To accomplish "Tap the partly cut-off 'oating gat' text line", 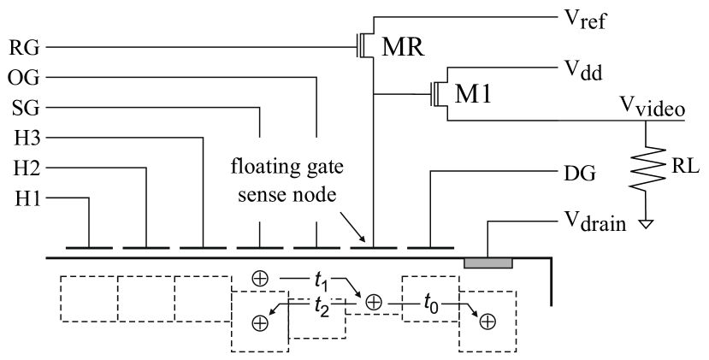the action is [x=286, y=167].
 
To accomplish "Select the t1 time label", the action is [x=321, y=280].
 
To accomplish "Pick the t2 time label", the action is [x=321, y=304].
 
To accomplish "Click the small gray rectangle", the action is [x=488, y=263].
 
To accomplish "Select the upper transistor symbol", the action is [x=363, y=44].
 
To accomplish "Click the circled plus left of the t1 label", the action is [x=261, y=279].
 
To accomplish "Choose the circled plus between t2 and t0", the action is [x=373, y=302].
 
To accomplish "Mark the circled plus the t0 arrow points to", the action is [x=487, y=322].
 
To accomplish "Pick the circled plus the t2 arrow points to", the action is [x=261, y=323].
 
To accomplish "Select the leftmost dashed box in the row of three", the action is [x=89, y=298].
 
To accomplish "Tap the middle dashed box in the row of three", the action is [x=145, y=298].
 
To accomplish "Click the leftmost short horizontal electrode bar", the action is [x=88, y=248].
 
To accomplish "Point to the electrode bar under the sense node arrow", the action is [x=374, y=248].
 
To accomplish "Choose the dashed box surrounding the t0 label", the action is [x=430, y=298].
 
